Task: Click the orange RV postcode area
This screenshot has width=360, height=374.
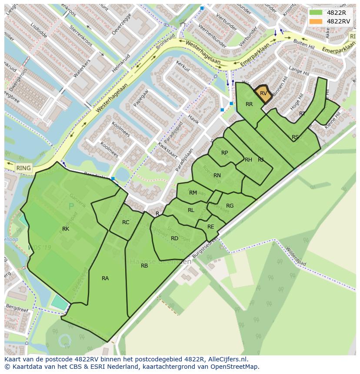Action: [263, 93]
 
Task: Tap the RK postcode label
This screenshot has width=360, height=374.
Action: [66, 229]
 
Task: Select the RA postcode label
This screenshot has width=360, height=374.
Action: [105, 278]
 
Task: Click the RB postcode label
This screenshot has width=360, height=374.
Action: [144, 266]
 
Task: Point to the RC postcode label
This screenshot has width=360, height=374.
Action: [126, 222]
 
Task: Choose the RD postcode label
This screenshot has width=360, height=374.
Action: [174, 238]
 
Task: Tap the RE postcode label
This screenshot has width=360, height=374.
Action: [211, 227]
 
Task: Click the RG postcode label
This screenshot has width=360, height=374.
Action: [230, 206]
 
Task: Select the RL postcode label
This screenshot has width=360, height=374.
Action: [191, 210]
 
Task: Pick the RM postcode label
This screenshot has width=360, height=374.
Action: [193, 193]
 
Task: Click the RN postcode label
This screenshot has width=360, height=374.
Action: [217, 175]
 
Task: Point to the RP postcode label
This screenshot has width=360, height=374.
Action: [224, 153]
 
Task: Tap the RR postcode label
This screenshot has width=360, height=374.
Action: [249, 104]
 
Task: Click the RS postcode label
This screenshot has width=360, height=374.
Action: [295, 137]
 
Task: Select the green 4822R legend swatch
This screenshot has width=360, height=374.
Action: [316, 13]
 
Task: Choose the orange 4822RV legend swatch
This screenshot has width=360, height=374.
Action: [316, 21]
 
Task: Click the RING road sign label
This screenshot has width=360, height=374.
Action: [23, 168]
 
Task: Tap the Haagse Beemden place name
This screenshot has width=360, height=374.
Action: [160, 262]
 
